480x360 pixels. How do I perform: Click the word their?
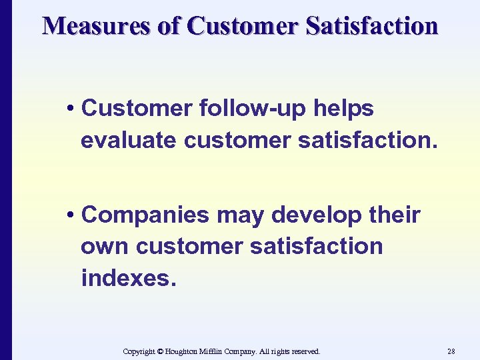[396, 215]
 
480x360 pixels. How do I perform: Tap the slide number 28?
[451, 351]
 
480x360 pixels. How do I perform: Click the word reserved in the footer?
[305, 351]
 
